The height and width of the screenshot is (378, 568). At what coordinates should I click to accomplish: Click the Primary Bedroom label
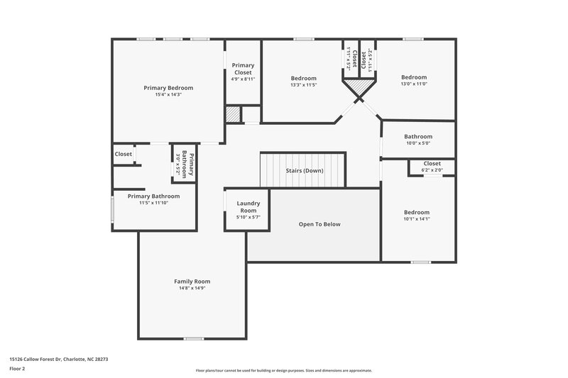[x=168, y=88]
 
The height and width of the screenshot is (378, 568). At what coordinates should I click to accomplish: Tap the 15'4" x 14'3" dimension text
[x=168, y=95]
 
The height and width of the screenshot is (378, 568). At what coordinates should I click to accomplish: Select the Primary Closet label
[x=244, y=69]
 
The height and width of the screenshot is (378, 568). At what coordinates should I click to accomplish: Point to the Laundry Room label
[x=248, y=206]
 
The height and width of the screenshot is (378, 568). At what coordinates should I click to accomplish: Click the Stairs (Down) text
[x=304, y=171]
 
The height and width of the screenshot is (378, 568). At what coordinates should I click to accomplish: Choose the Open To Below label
[x=319, y=224]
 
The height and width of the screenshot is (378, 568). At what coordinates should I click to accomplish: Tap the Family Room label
[x=192, y=282]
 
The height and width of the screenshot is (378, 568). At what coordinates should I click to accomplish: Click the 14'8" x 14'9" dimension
[x=192, y=289]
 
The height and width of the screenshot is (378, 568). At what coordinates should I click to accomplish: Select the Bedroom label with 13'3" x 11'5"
[x=303, y=78]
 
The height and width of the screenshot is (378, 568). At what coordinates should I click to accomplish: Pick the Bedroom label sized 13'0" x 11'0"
[x=414, y=77]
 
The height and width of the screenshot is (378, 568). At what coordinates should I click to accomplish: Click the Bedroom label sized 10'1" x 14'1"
[x=417, y=212]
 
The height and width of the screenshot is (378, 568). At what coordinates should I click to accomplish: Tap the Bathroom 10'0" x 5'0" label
[x=418, y=137]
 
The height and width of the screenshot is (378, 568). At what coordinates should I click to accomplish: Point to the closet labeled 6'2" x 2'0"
[x=432, y=164]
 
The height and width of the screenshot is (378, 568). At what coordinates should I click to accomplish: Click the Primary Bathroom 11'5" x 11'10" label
[x=153, y=196]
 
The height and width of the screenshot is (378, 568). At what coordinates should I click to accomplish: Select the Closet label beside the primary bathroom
[x=124, y=154]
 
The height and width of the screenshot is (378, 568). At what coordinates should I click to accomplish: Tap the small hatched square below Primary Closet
[x=232, y=114]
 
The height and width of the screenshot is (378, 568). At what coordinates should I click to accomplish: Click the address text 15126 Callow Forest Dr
[x=58, y=359]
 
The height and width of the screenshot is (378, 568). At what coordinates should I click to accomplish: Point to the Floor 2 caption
[x=18, y=369]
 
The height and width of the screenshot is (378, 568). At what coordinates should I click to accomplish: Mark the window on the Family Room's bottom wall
[x=193, y=338]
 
